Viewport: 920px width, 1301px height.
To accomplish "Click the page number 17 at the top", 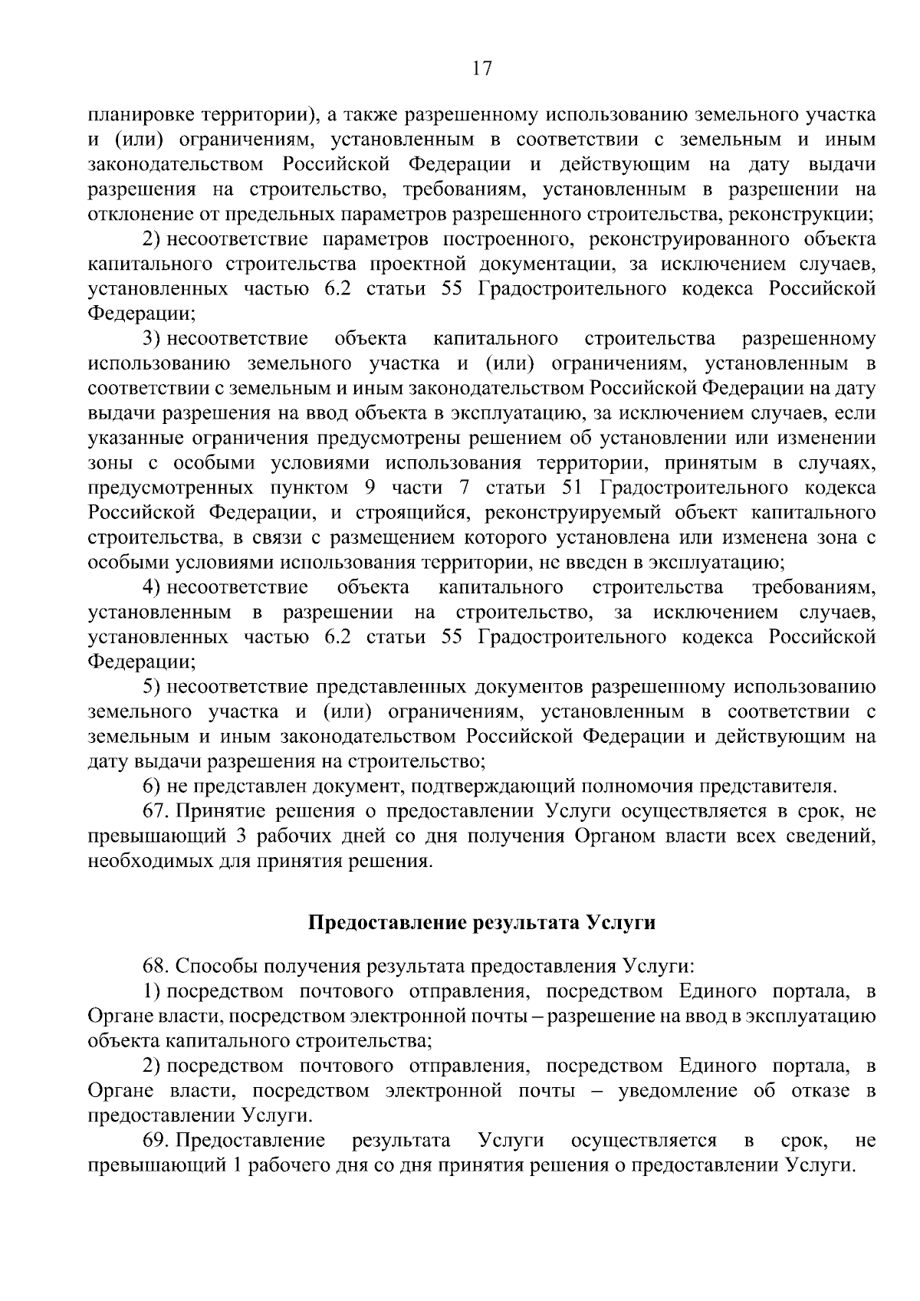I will click(481, 69).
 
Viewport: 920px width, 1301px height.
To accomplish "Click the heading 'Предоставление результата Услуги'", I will click(481, 922).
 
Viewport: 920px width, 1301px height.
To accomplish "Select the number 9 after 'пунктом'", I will click(370, 488).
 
